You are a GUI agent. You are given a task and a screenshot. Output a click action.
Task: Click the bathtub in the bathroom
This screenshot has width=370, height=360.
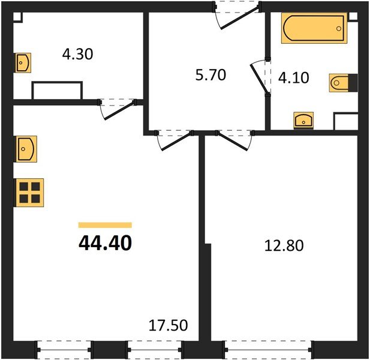pos(314,29)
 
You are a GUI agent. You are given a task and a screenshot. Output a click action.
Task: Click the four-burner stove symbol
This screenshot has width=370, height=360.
pos(28,193)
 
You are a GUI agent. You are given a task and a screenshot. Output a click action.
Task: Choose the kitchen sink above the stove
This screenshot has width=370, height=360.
pos(26,148)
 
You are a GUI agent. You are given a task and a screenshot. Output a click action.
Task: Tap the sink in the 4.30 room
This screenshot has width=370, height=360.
pos(23,62)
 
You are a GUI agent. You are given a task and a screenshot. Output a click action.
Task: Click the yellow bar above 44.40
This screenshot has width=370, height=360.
pos(105,225)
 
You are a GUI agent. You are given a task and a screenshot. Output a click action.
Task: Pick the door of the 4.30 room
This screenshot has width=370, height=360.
pos(117,109)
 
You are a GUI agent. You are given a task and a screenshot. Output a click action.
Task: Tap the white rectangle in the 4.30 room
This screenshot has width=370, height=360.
pos(57,91)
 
